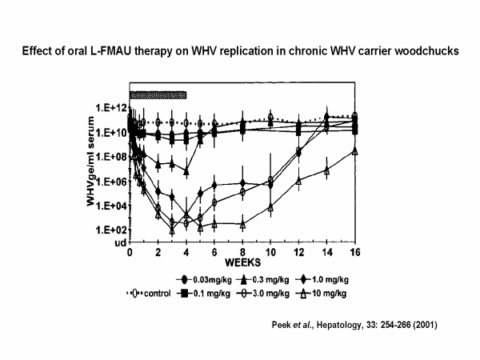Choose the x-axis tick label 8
tap(242, 251)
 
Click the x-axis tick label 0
tap(130, 251)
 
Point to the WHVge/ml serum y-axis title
tap(93, 170)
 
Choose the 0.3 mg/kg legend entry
tap(265, 279)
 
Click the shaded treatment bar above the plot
tap(158, 94)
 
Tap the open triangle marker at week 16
tap(354, 150)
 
